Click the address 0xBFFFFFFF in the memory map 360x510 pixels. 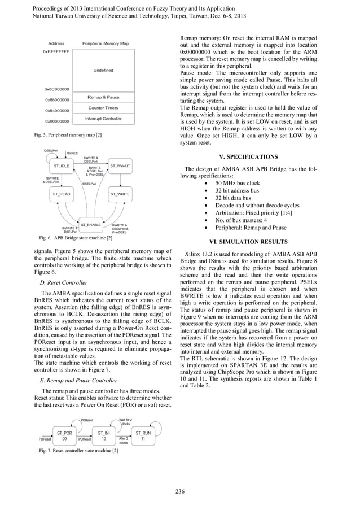[56, 51]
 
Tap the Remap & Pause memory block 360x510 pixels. [103, 97]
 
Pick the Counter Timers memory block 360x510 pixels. [103, 108]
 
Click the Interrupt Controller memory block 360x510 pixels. [103, 119]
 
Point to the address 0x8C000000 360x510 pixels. [56, 89]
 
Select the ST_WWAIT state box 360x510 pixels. [120, 167]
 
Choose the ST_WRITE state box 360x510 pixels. [120, 194]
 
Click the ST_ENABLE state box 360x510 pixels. [91, 225]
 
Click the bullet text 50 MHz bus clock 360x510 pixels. [236, 184]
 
